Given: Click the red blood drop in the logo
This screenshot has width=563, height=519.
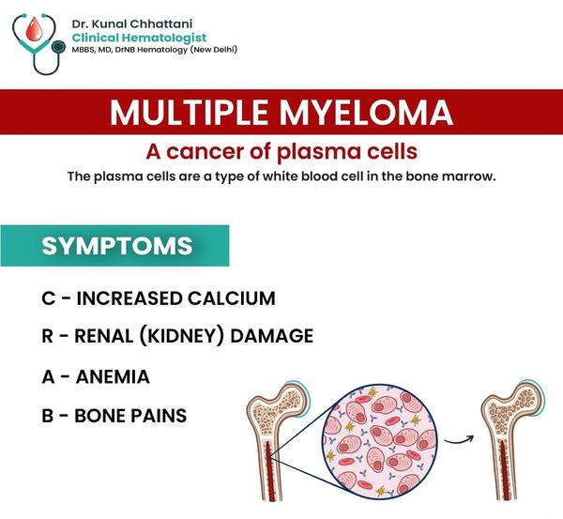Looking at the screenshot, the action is [x=34, y=29].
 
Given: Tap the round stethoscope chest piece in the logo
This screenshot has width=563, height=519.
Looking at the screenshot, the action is [x=58, y=46].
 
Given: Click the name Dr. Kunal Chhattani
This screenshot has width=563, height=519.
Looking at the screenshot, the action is [x=132, y=23].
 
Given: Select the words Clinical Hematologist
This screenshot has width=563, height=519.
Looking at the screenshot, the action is [x=139, y=38].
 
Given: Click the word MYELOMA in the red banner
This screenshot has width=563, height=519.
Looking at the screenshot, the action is [x=366, y=112].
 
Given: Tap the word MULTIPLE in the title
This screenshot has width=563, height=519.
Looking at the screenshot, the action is [x=190, y=112].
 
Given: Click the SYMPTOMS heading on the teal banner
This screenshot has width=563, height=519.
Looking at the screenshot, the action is [x=117, y=246].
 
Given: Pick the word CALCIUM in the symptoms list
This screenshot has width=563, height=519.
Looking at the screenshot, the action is [x=232, y=298].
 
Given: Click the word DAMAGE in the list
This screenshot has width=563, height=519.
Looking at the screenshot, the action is [x=272, y=336].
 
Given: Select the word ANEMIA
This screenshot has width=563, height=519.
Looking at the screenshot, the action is [x=113, y=376].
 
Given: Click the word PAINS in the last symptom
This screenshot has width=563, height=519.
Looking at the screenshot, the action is [x=159, y=416].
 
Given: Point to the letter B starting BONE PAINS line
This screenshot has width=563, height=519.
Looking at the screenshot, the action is [x=48, y=416].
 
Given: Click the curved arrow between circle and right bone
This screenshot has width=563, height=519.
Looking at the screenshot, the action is [x=459, y=439].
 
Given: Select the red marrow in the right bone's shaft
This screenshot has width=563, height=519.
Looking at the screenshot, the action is [x=503, y=470].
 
